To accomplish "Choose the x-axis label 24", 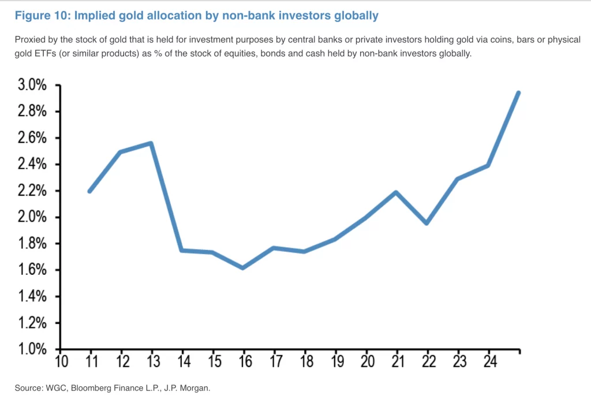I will [489, 362].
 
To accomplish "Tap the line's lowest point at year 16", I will [243, 268].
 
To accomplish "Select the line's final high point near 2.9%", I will [518, 93].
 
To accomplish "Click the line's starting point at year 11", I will [90, 191].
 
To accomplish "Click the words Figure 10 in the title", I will [40, 16].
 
